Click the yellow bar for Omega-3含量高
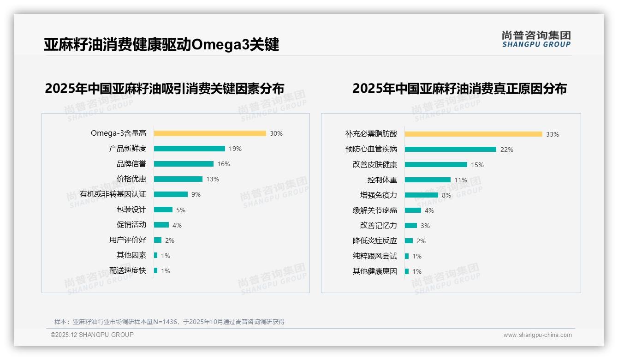click(x=210, y=133)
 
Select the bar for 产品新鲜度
click(x=189, y=149)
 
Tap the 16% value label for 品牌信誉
click(x=224, y=164)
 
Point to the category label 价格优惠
click(x=131, y=179)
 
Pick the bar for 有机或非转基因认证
click(x=171, y=194)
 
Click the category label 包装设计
click(x=131, y=210)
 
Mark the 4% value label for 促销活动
click(x=177, y=225)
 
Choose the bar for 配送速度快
click(x=155, y=270)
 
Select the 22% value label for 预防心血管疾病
click(x=506, y=150)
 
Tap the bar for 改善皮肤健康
click(x=436, y=164)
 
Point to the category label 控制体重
click(x=382, y=180)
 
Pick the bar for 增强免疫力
click(x=421, y=195)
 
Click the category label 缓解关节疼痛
click(x=374, y=210)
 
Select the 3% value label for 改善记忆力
click(x=425, y=226)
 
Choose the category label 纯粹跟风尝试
click(x=374, y=256)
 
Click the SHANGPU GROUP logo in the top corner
click(x=536, y=39)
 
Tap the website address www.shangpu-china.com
click(x=537, y=335)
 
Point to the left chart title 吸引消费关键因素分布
click(x=164, y=88)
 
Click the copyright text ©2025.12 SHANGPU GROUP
click(x=92, y=335)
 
